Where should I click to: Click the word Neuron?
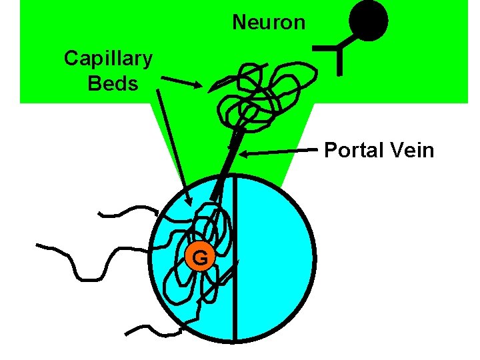pyautogui.click(x=269, y=23)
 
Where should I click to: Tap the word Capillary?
pyautogui.click(x=108, y=59)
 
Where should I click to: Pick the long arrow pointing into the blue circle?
pyautogui.click(x=172, y=147)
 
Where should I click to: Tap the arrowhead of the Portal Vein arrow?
pyautogui.click(x=245, y=155)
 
